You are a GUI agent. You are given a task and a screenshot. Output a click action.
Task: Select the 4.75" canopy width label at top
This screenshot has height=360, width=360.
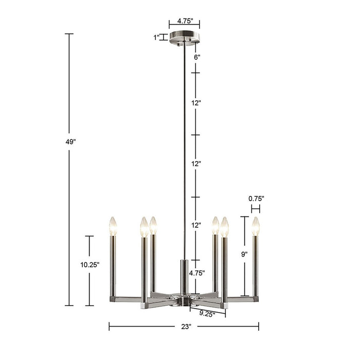[184, 21]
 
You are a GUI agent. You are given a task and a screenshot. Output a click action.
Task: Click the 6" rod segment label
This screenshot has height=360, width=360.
[196, 58]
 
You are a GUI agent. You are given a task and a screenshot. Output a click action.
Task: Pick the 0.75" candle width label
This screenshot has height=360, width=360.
[256, 198]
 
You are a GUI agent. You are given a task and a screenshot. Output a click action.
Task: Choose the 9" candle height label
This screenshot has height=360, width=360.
[244, 254]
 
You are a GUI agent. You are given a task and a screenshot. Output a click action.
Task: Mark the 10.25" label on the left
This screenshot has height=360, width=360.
[89, 265]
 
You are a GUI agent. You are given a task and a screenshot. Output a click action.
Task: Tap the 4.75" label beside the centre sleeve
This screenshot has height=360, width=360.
[197, 273]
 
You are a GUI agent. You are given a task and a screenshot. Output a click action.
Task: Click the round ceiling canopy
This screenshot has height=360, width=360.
[184, 38]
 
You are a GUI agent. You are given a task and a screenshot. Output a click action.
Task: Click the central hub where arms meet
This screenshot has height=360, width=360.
[184, 299]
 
